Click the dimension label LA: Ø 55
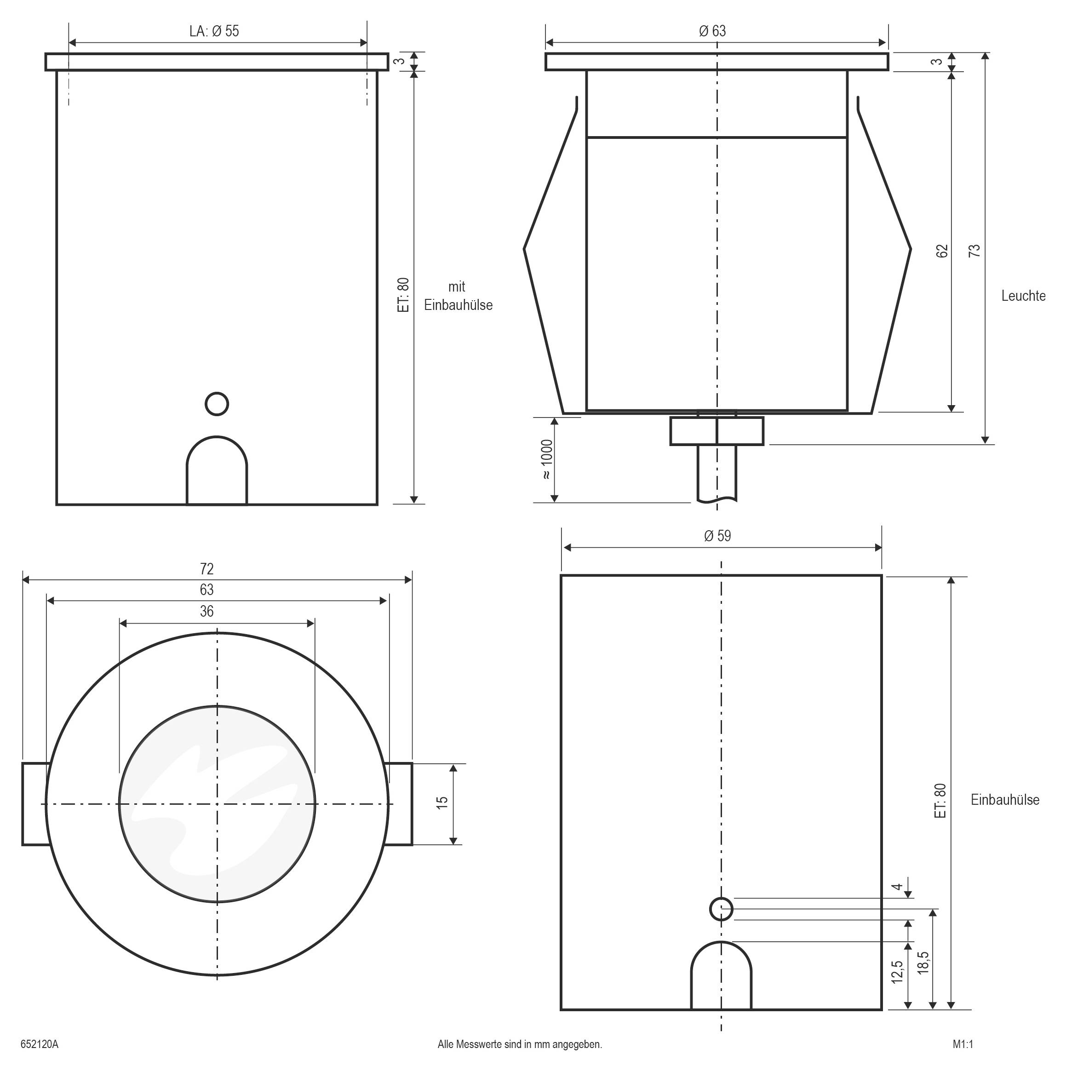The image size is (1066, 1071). pos(214,31)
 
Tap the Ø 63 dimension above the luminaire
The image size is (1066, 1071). pos(712,31)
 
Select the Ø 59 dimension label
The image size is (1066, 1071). pos(717,536)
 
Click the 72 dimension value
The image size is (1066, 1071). pos(207,569)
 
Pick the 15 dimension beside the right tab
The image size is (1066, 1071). pos(442,802)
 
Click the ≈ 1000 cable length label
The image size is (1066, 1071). pos(547,459)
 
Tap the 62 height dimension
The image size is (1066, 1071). pos(942,251)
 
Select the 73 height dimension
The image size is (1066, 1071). pos(974,251)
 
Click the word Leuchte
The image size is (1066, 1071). pos(1023,296)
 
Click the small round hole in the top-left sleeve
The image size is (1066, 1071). pos(217,404)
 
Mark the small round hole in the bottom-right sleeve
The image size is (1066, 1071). pos(721,909)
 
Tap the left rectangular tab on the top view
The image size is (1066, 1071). pos(35,804)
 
